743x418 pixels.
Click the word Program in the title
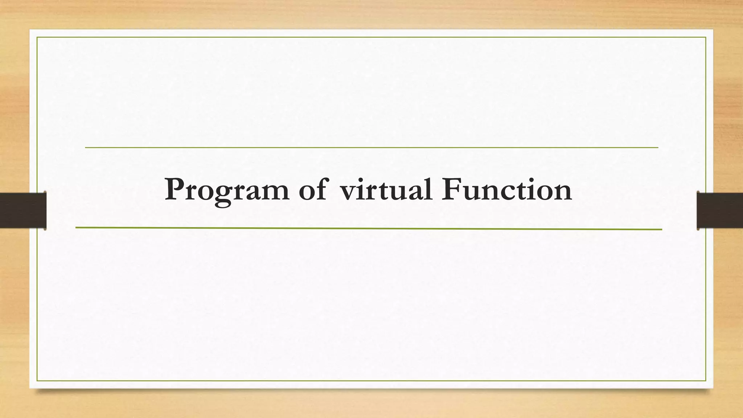coord(227,190)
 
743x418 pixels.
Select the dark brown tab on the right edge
coord(720,210)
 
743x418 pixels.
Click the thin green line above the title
coord(371,148)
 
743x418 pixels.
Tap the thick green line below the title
coord(369,229)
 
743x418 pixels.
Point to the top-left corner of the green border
coord(37,37)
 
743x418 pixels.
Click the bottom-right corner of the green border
coord(706,381)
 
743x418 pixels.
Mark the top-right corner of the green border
coord(706,37)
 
